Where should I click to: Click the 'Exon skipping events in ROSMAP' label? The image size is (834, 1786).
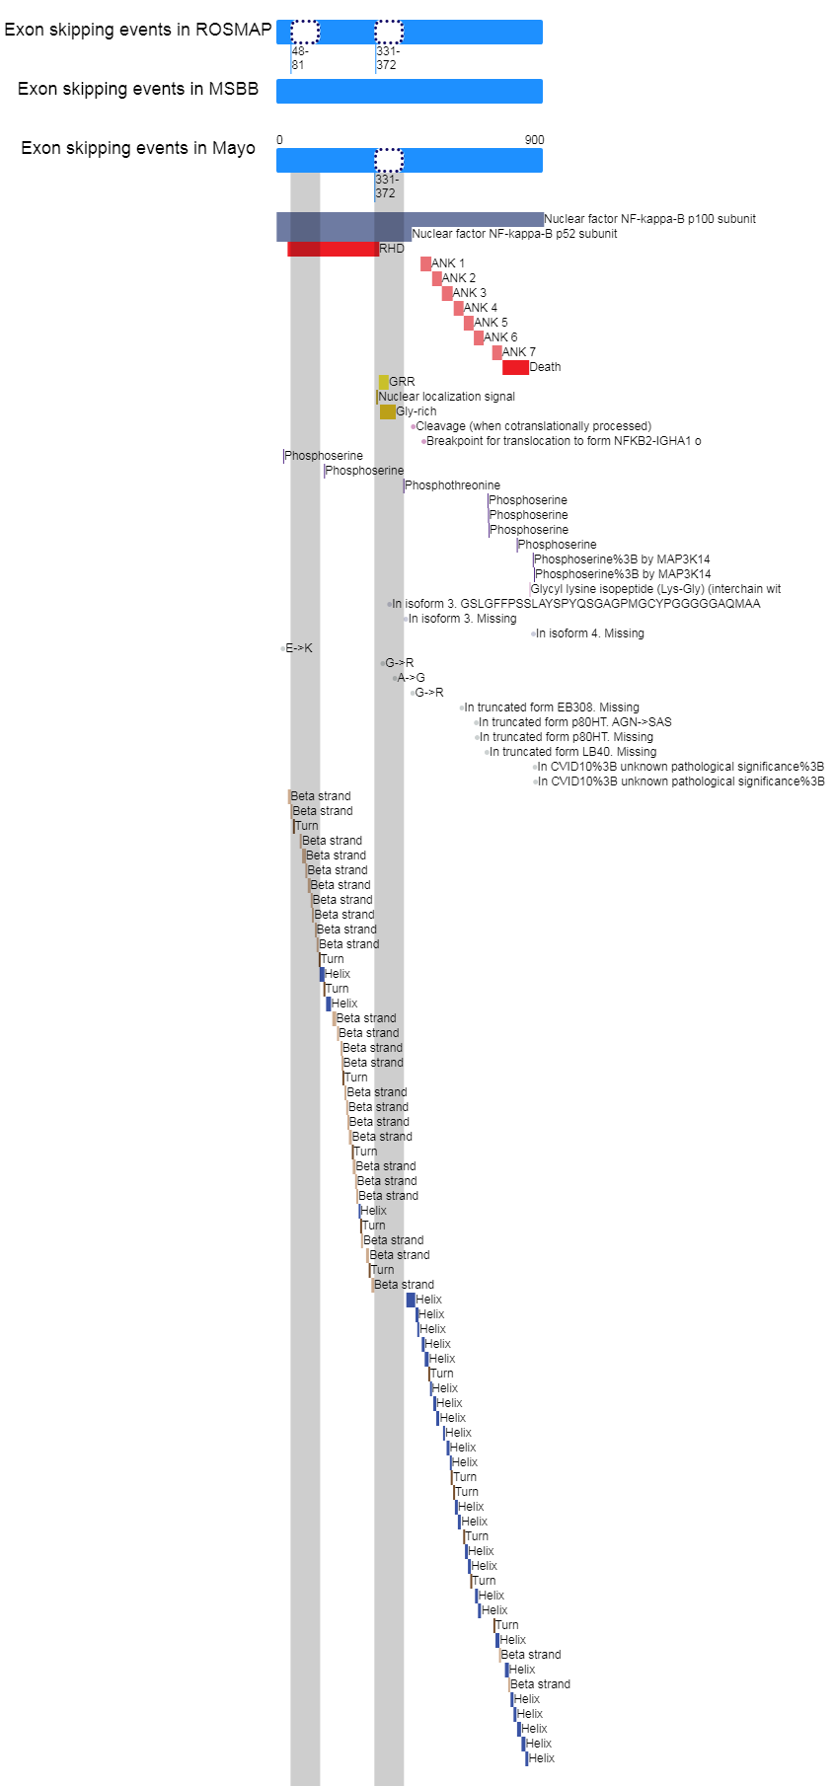tap(137, 30)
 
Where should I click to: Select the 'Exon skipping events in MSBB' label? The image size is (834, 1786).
tap(138, 89)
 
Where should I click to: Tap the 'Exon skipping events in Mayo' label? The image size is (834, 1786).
tap(138, 148)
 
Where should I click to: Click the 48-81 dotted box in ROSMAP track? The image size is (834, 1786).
tap(305, 32)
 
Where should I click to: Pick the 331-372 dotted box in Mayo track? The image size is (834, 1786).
tap(389, 160)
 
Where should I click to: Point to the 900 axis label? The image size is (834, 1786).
tap(534, 140)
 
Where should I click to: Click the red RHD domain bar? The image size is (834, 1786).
tap(333, 249)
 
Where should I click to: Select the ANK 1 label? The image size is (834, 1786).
tap(448, 263)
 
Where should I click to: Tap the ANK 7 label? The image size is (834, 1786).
tap(519, 352)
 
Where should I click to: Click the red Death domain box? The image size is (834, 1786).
tap(515, 367)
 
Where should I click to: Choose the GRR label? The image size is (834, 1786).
tap(402, 382)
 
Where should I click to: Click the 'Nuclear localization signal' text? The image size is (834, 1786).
tap(447, 397)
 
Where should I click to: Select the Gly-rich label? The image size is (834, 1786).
tap(417, 411)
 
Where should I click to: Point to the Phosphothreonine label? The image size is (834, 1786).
tap(453, 485)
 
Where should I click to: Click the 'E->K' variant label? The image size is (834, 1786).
tap(299, 648)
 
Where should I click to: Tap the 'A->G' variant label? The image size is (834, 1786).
tap(412, 678)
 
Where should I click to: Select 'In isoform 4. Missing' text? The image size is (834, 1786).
tap(590, 633)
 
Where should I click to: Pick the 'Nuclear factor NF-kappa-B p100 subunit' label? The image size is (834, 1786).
tap(650, 219)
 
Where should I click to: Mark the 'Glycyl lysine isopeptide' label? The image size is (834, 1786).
tap(655, 589)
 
